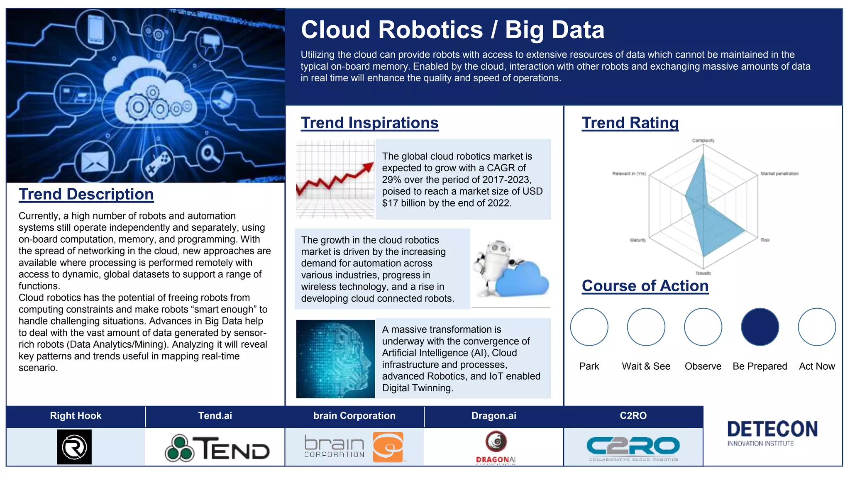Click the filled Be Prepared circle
point(760,327)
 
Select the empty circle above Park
point(589,327)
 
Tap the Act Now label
point(816,366)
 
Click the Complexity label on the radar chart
point(703,141)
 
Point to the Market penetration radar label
point(779,174)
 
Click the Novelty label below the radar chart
point(703,273)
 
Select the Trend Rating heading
point(630,123)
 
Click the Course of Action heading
point(645,286)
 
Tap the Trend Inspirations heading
point(369,123)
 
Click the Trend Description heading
point(86,194)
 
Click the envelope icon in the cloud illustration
point(94,161)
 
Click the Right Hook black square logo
point(74,447)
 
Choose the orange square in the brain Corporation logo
point(388,447)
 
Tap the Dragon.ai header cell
point(493,416)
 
